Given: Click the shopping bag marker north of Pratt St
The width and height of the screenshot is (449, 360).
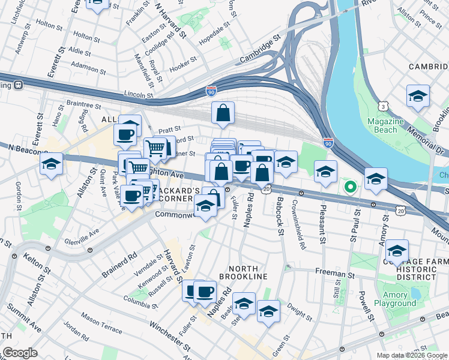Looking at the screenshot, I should pyautogui.click(x=223, y=112).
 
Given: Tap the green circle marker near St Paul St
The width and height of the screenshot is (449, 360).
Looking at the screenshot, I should pyautogui.click(x=350, y=187).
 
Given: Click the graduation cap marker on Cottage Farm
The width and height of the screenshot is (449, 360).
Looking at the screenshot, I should pyautogui.click(x=397, y=251).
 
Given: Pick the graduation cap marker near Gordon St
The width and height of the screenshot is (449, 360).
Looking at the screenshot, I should pyautogui.click(x=52, y=163).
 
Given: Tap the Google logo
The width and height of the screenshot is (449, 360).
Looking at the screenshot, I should pyautogui.click(x=20, y=353).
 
